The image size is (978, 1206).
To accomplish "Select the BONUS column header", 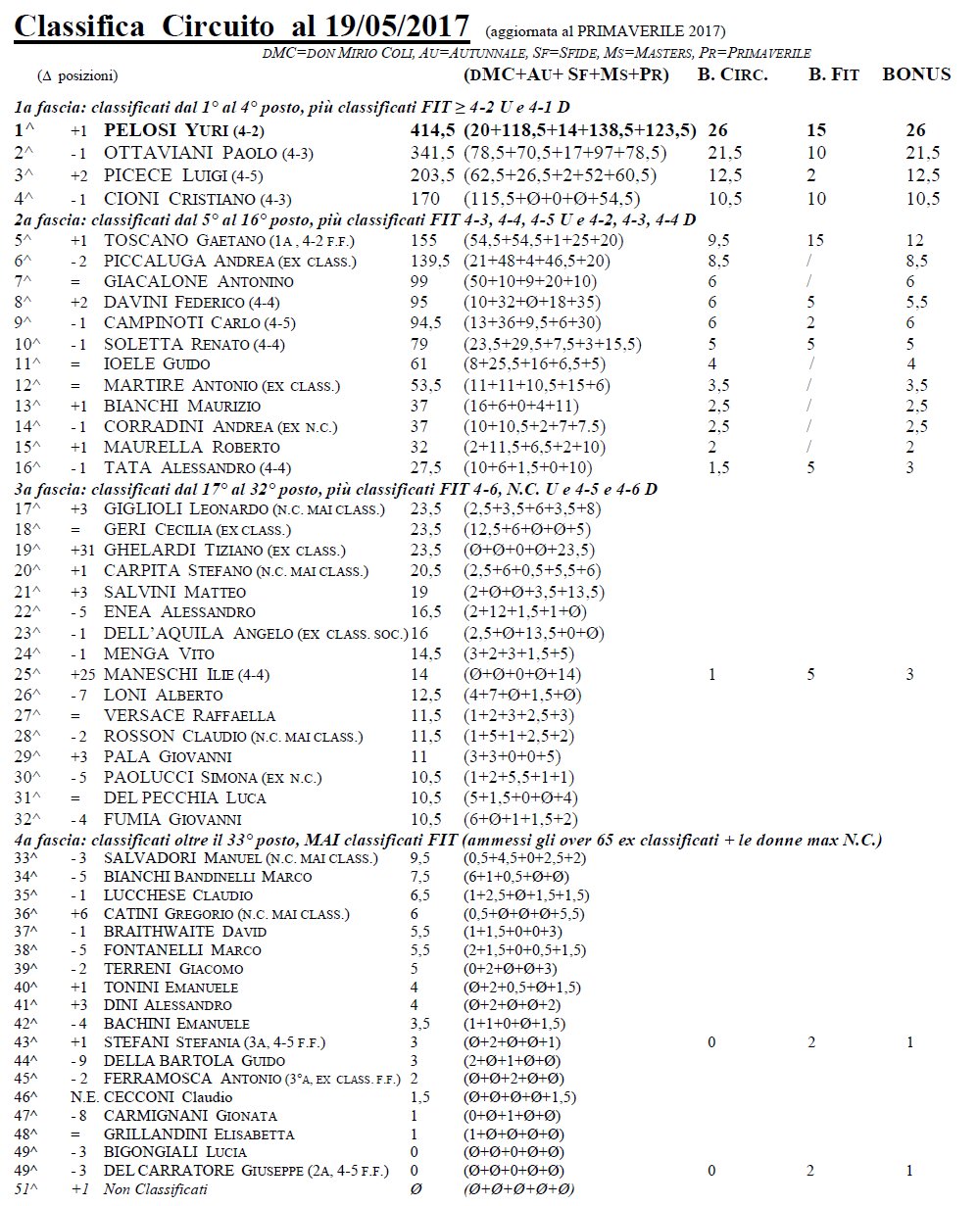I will tap(916, 74).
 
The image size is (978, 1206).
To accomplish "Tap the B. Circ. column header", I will tap(732, 74).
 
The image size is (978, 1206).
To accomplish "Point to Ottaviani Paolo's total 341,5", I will tap(432, 153).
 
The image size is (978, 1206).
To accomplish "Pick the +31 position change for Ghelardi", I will tap(82, 550).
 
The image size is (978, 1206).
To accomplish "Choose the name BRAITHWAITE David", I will tap(184, 931).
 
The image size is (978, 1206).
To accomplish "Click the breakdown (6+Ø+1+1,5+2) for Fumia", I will tap(520, 818).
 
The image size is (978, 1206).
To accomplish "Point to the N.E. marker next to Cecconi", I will tap(82, 1096).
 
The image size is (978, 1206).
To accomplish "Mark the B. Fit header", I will tap(833, 74).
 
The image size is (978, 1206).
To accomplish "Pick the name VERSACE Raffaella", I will tap(189, 715).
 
